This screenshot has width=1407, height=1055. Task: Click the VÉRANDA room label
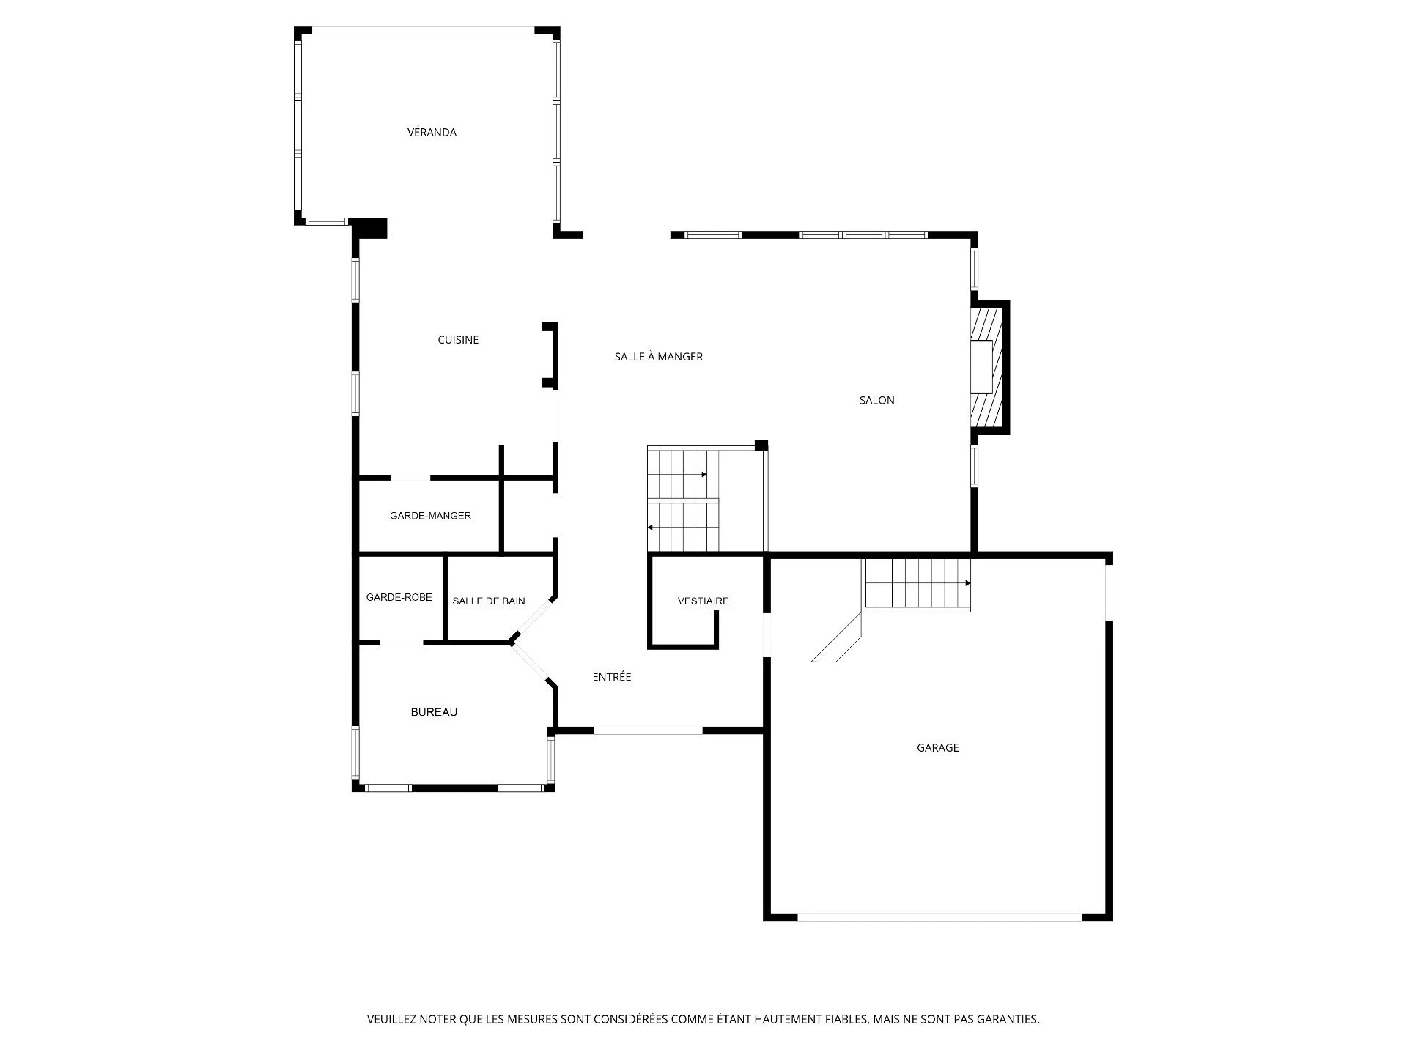(432, 133)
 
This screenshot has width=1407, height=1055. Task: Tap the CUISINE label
(458, 340)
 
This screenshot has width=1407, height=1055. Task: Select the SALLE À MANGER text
(659, 357)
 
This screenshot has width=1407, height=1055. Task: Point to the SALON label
(877, 400)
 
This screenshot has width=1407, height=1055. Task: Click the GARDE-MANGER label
(430, 516)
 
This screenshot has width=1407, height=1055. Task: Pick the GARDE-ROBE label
(399, 597)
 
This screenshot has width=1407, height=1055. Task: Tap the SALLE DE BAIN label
(489, 601)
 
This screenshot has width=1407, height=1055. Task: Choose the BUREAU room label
(434, 712)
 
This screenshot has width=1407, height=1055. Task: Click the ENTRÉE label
(612, 677)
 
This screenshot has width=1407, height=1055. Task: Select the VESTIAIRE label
(703, 601)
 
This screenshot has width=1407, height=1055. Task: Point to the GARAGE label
(938, 748)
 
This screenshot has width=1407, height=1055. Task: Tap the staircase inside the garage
(917, 584)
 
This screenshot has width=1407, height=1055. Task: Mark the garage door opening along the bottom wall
(939, 917)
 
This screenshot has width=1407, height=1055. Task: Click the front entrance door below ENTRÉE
(649, 730)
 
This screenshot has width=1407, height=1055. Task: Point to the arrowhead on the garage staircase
(968, 583)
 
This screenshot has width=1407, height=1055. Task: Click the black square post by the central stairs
(761, 445)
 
